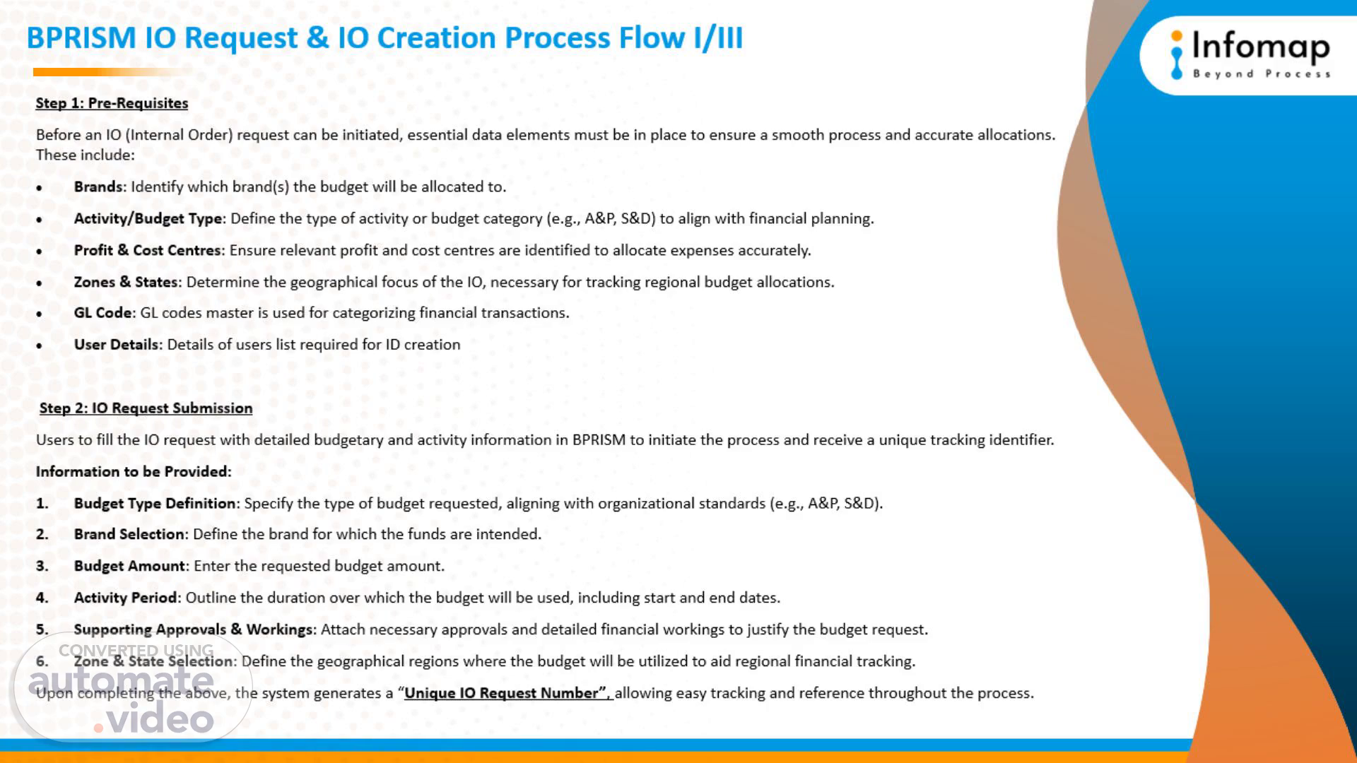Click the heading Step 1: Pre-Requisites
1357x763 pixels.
point(112,103)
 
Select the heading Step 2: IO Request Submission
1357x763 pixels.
point(146,408)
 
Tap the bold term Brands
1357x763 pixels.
point(98,187)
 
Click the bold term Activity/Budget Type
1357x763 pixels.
point(148,219)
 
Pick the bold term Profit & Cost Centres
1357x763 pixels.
point(147,250)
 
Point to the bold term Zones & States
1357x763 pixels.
point(126,282)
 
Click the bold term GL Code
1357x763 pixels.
point(103,313)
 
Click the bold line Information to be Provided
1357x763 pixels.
point(134,472)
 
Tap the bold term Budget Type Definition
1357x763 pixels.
point(155,504)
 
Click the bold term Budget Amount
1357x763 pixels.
point(129,566)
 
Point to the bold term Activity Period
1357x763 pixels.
point(126,598)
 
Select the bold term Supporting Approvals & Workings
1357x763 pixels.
point(194,629)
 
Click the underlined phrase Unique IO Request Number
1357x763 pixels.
point(505,693)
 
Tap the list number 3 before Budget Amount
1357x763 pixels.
point(42,566)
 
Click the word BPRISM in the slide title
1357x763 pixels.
point(81,38)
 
